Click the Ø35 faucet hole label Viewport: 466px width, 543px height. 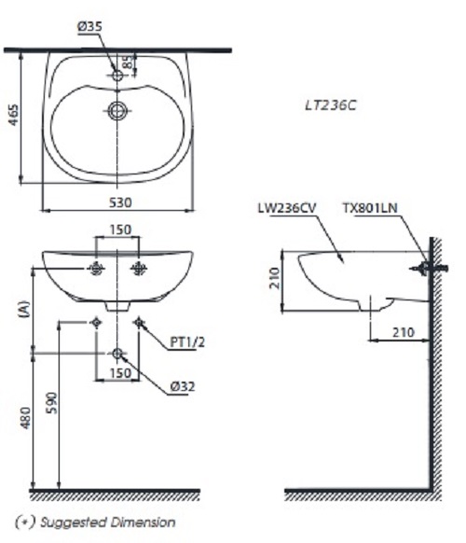(x=89, y=27)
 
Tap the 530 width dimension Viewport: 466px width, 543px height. (x=117, y=202)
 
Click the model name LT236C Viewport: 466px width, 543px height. (x=333, y=105)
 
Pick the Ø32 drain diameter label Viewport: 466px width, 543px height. (x=182, y=384)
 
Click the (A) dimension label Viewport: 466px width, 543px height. (x=24, y=310)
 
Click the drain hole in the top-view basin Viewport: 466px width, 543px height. (x=116, y=110)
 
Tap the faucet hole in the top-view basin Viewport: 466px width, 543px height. (x=116, y=73)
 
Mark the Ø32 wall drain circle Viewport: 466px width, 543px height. (x=117, y=354)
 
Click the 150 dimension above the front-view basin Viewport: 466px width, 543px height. (x=117, y=230)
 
